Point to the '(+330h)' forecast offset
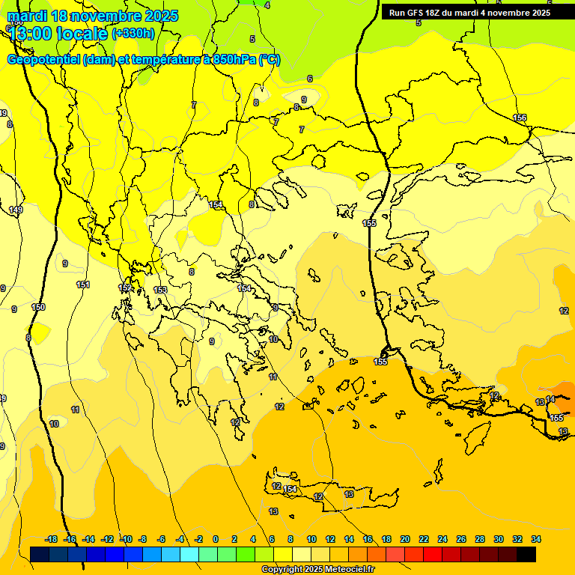coord(133,33)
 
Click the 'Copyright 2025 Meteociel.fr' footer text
coord(318,570)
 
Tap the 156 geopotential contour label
coord(520,118)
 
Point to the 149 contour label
coord(16,210)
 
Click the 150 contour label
coord(38,308)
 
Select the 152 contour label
coord(125,288)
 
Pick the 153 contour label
coord(160,290)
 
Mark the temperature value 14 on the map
coord(550,400)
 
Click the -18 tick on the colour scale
coord(51,539)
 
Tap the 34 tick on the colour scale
coord(536,539)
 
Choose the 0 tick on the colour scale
coord(216,539)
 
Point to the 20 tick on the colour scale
coord(405,539)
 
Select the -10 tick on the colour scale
coord(127,539)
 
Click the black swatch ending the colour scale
coord(526,554)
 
